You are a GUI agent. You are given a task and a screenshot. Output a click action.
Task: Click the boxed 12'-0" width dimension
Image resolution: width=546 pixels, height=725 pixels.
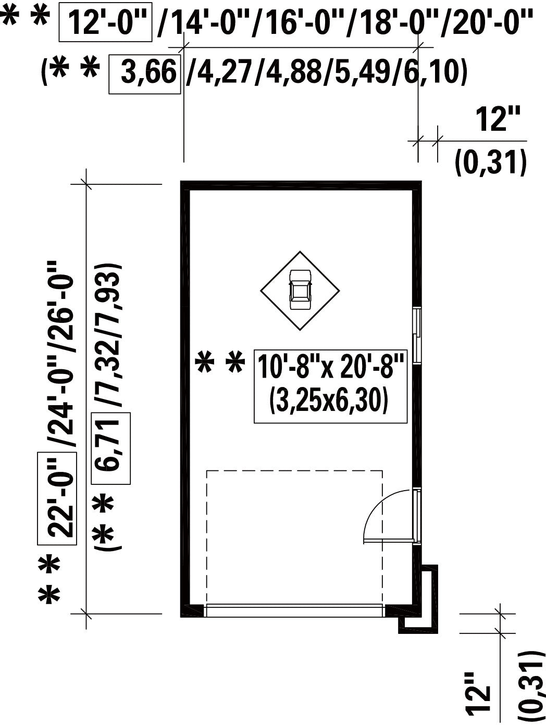(x=105, y=22)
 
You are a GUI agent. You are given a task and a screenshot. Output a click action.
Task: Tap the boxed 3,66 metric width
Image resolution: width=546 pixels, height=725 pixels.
(x=145, y=74)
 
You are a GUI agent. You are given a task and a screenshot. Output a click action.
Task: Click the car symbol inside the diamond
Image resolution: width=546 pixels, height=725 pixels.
(x=300, y=290)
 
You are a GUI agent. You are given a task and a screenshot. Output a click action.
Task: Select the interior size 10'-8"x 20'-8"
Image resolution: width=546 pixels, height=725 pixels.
(x=331, y=366)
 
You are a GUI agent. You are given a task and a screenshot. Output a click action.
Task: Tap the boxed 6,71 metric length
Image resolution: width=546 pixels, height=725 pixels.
(x=111, y=448)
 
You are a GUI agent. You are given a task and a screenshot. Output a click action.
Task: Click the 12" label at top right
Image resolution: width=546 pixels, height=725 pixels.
(x=498, y=119)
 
